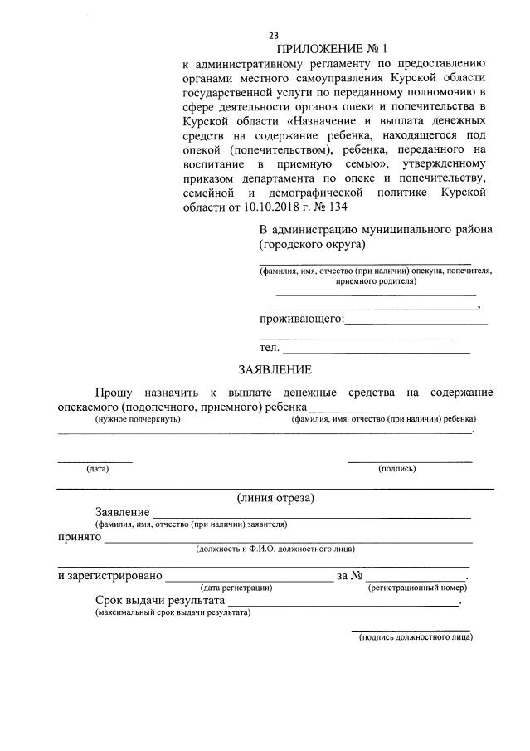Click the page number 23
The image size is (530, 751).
(273, 35)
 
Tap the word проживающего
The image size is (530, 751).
(300, 319)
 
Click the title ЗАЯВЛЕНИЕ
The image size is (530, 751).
(275, 369)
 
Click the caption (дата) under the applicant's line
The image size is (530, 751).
(98, 468)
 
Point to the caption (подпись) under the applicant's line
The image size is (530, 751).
(397, 468)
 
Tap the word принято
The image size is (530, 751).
(79, 537)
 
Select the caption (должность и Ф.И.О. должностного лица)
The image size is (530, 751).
(275, 549)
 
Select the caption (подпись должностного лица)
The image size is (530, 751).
(416, 637)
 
